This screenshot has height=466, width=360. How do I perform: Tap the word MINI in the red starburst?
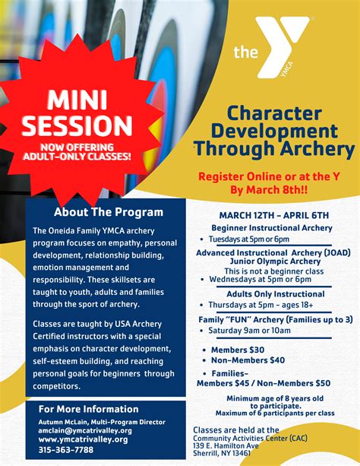click(77, 100)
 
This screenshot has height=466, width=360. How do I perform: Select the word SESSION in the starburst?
click(77, 125)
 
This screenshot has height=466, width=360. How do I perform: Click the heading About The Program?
click(109, 212)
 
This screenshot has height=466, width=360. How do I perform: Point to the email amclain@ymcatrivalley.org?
click(85, 430)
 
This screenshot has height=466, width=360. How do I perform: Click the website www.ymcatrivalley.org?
click(84, 439)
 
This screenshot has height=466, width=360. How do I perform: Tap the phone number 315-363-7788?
click(66, 449)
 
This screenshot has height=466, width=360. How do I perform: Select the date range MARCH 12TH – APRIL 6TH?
click(274, 215)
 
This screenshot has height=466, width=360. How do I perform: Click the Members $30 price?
click(238, 350)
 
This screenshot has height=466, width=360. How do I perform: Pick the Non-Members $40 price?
click(248, 360)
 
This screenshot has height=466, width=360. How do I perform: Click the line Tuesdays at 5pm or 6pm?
click(248, 239)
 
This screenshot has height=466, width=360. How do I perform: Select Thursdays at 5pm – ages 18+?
click(261, 305)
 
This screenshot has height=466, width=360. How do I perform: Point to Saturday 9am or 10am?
click(250, 331)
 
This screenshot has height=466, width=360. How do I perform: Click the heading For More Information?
click(89, 409)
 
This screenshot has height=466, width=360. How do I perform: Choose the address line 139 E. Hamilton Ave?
click(226, 445)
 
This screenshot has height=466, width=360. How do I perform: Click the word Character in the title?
click(274, 113)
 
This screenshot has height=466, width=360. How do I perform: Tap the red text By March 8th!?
click(269, 189)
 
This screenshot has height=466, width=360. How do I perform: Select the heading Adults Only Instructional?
click(276, 294)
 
